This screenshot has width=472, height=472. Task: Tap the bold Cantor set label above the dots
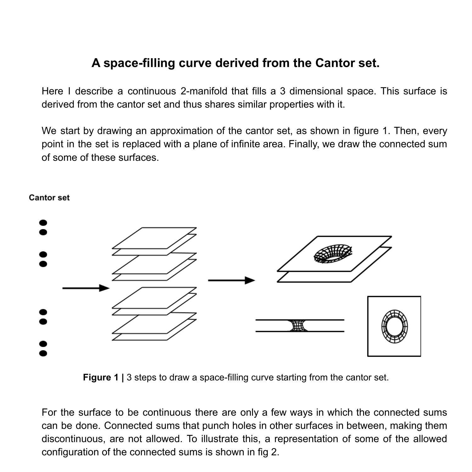click(49, 198)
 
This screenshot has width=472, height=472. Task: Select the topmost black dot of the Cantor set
click(43, 223)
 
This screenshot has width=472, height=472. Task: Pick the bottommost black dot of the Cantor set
click(43, 353)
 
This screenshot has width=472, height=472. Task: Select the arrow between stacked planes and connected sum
click(231, 280)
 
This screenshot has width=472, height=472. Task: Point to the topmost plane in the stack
click(154, 238)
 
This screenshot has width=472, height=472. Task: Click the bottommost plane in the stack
click(138, 337)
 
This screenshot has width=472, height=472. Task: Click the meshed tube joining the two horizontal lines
click(298, 326)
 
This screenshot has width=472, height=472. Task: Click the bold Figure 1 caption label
click(103, 377)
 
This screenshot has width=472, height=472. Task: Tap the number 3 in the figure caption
click(129, 377)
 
